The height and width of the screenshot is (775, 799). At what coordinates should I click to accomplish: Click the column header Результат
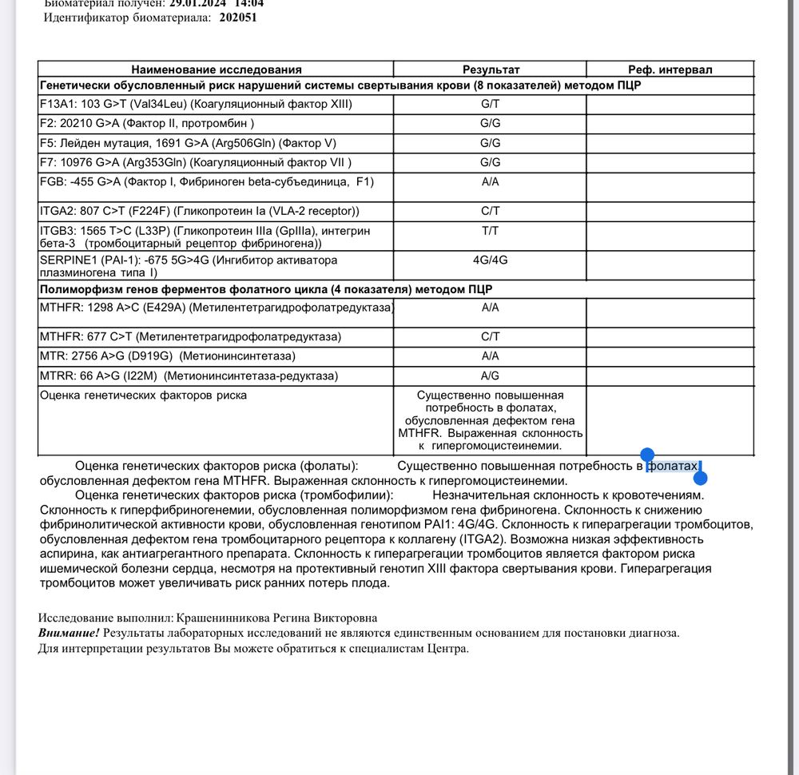click(491, 70)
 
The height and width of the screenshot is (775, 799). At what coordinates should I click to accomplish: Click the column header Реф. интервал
click(670, 70)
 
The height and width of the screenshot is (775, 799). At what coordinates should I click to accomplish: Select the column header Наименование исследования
click(217, 70)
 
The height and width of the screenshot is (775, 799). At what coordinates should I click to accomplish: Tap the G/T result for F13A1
click(491, 104)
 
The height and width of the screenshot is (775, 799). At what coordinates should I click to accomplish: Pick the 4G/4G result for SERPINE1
click(491, 260)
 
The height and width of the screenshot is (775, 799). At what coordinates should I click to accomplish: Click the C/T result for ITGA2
click(491, 212)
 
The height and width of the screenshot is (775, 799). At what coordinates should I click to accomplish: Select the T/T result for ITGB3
click(491, 231)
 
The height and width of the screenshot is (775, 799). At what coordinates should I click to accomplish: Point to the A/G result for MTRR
click(491, 376)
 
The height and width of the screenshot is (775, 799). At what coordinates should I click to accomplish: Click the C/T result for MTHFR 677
click(491, 337)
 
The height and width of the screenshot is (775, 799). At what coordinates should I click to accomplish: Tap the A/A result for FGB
click(491, 182)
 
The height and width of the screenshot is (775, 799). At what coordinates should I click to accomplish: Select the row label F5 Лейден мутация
click(188, 143)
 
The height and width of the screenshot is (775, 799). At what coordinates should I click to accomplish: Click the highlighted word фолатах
click(672, 466)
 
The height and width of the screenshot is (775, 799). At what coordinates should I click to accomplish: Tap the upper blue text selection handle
click(648, 455)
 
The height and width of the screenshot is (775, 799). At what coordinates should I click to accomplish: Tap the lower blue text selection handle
click(701, 479)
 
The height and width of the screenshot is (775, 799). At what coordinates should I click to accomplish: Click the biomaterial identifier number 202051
click(238, 18)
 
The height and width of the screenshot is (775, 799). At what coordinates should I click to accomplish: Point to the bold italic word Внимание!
click(69, 633)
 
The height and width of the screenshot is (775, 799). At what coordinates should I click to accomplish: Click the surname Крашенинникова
click(210, 618)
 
